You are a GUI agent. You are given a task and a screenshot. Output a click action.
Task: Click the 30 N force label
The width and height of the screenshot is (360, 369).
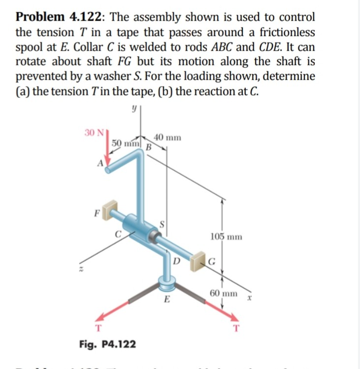point(93,132)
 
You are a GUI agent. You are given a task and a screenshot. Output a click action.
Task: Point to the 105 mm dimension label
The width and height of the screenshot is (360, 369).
point(226,237)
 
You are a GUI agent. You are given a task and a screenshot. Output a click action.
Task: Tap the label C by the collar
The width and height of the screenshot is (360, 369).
point(118,234)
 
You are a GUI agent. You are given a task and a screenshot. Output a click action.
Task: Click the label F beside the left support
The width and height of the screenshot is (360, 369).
point(97,214)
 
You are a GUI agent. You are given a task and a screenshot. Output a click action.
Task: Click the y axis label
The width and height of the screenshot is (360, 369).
point(132,112)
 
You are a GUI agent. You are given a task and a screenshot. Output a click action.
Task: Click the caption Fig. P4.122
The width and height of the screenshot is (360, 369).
point(107,343)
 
